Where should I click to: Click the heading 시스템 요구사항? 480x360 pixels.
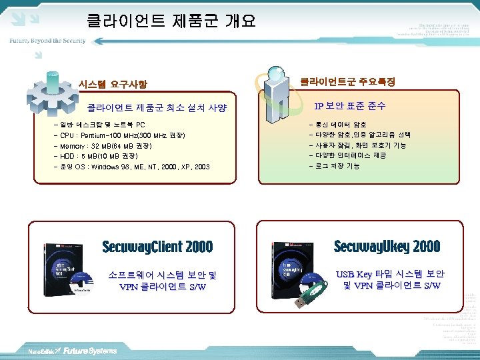[x=113, y=85]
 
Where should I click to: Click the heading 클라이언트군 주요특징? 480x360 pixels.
[x=347, y=81]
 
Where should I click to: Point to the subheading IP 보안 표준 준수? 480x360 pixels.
[x=350, y=106]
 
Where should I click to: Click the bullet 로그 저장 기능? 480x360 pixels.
[x=337, y=166]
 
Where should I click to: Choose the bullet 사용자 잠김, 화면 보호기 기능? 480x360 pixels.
[x=357, y=145]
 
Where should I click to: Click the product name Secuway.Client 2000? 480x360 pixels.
[x=157, y=247]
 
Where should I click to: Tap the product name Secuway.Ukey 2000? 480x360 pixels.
[x=387, y=247]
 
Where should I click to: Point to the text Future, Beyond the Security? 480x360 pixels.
[x=47, y=41]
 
